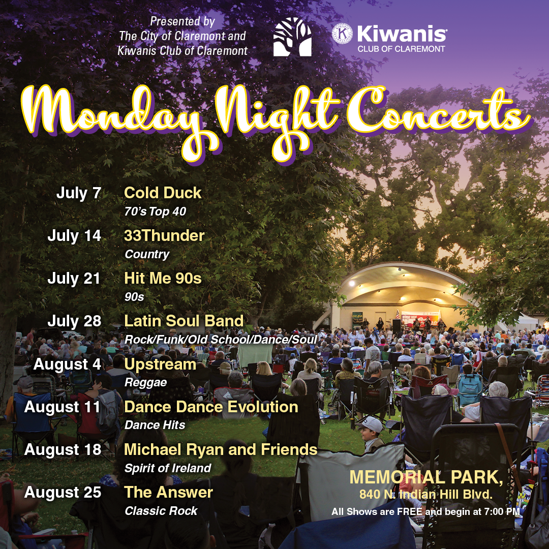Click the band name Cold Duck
pos(163,193)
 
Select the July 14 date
pos(74,236)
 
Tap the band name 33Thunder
pos(164,236)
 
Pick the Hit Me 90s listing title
pos(163,279)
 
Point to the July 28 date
pos(74,321)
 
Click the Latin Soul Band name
pos(184,321)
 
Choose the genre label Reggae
pos(145,382)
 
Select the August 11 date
pos(63,407)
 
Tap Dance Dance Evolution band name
pos(211,407)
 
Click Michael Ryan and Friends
pos(221,449)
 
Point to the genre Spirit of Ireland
pos(168,468)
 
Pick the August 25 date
pos(63,493)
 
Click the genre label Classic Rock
pos(161,511)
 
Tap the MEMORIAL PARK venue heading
pos(426,478)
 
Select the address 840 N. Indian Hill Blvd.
pos(426,494)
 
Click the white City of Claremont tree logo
pos(292,37)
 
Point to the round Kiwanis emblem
pos(342,34)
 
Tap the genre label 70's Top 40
pos(155,211)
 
